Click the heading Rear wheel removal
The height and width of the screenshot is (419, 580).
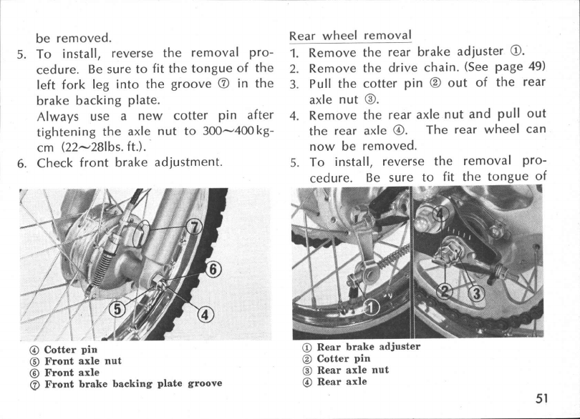349,35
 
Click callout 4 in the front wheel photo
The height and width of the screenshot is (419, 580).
203,314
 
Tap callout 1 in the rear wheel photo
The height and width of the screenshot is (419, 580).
370,308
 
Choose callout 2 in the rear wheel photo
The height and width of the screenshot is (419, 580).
445,292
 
